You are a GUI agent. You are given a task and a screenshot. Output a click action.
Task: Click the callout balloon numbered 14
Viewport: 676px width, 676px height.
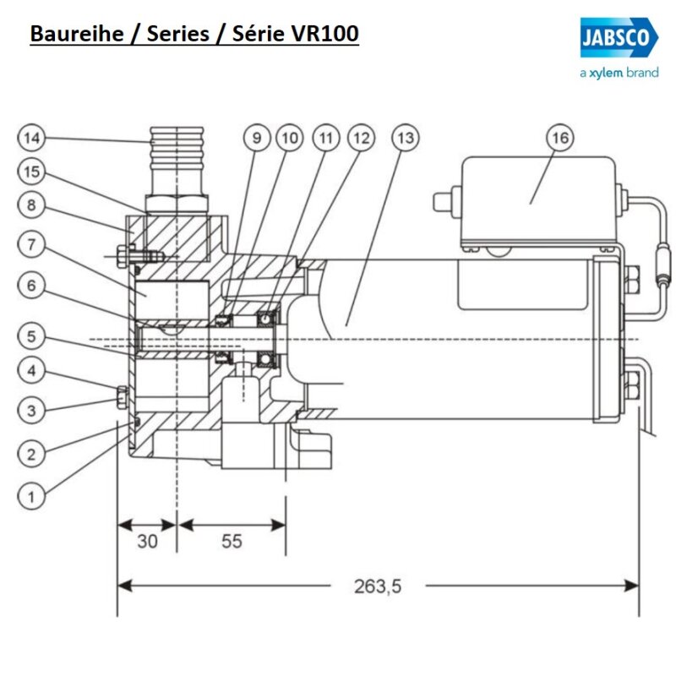click(x=31, y=137)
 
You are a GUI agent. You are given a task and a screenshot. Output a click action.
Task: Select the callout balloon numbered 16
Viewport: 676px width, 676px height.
click(x=560, y=137)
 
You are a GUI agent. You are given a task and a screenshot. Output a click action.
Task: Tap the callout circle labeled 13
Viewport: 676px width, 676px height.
click(x=406, y=137)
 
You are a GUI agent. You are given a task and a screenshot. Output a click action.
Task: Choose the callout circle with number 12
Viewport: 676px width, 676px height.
click(x=361, y=137)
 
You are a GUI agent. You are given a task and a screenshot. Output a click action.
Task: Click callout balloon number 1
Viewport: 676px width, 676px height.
click(x=31, y=496)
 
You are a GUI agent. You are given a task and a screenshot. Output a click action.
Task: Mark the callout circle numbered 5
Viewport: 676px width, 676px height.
click(x=31, y=335)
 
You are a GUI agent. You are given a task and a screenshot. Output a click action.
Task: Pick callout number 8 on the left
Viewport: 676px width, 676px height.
click(x=31, y=204)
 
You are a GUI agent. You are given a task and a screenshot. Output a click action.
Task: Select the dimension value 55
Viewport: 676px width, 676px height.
click(x=232, y=541)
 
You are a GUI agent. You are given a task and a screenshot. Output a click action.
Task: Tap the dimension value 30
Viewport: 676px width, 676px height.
click(x=147, y=541)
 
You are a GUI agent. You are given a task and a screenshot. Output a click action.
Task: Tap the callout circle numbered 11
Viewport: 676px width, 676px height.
click(x=325, y=137)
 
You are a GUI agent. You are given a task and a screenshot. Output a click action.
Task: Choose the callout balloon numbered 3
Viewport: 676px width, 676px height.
click(x=31, y=411)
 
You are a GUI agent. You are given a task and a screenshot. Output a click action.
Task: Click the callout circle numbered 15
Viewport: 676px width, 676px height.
click(x=31, y=172)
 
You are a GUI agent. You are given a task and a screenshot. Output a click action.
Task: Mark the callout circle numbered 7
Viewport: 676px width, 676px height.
click(x=31, y=245)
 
